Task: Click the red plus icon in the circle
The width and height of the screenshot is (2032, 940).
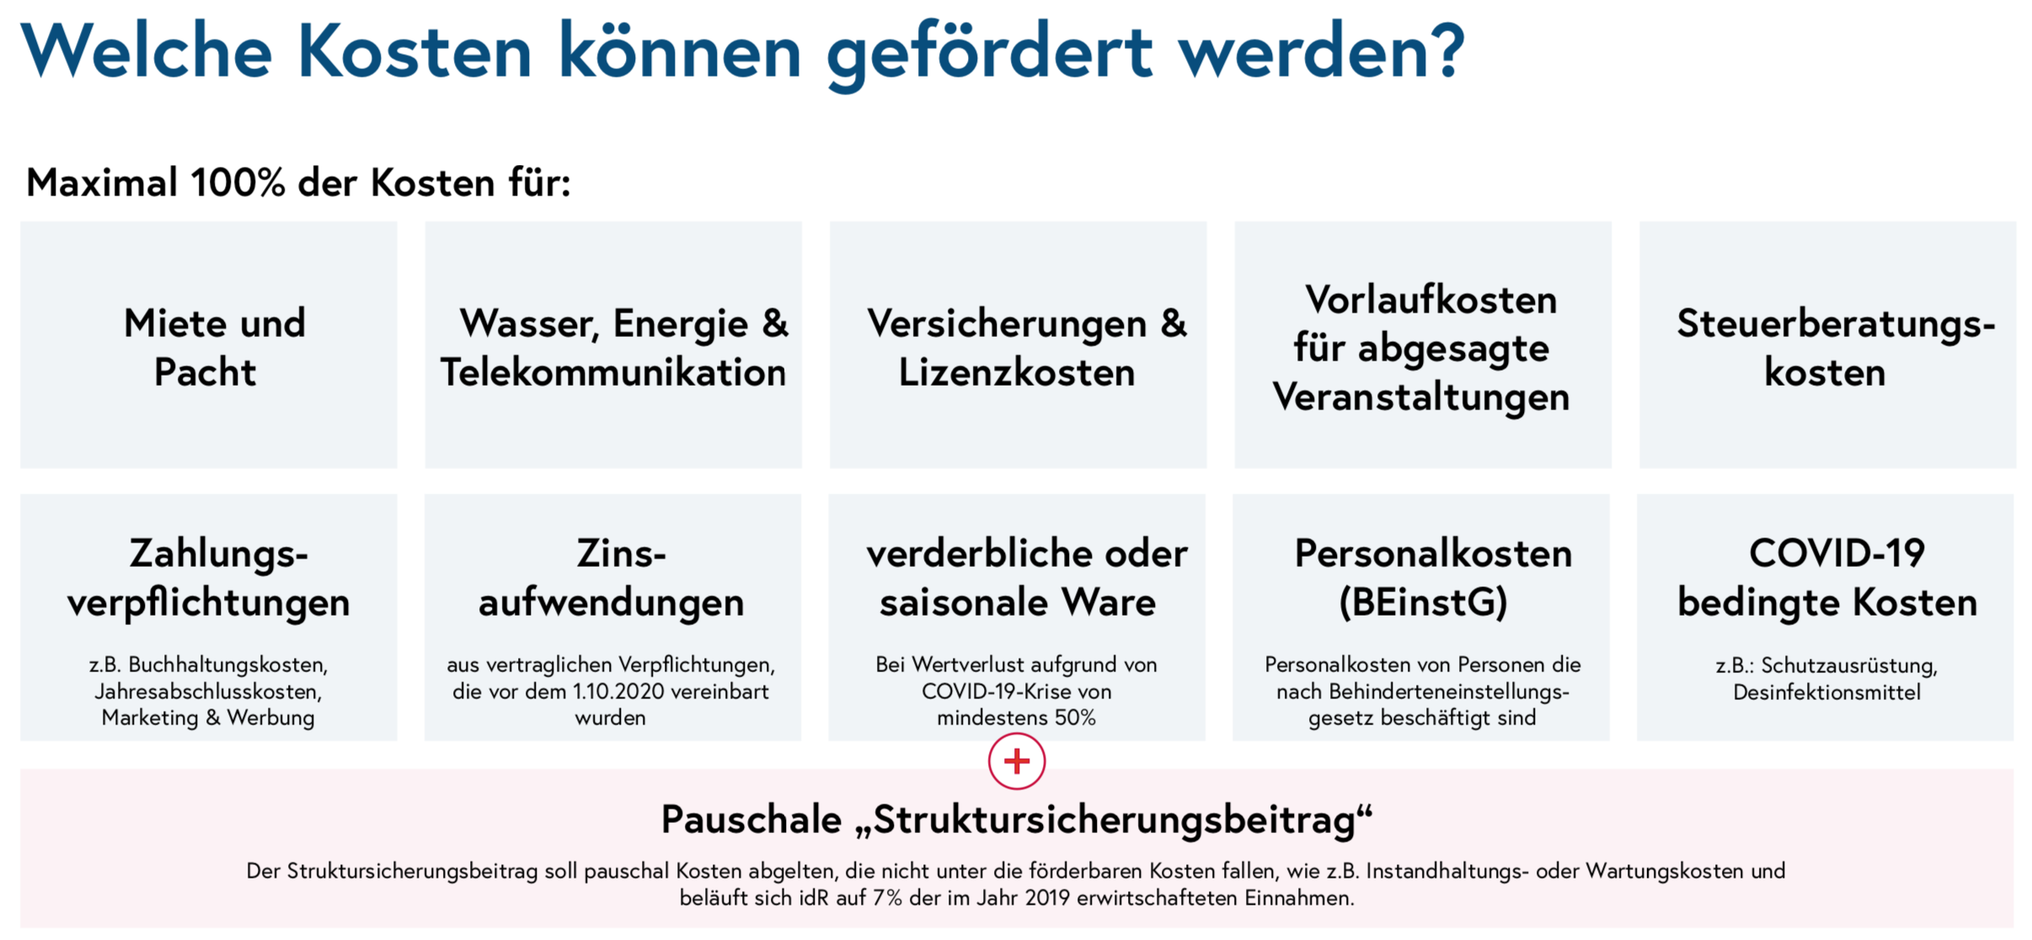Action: point(1016,761)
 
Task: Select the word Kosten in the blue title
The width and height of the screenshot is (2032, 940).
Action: point(414,52)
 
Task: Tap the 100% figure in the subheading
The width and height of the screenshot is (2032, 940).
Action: point(238,183)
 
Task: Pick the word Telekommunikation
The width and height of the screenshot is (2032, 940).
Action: point(613,372)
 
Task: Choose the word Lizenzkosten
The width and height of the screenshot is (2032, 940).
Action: point(1016,372)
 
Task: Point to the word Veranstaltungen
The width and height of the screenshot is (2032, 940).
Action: point(1421,397)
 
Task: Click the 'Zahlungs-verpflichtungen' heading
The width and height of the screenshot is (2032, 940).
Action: point(209,578)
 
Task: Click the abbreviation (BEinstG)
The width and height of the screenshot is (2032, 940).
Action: point(1422,602)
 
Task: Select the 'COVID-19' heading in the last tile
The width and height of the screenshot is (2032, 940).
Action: point(1837,554)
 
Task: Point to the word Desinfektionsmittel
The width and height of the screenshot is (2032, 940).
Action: point(1826,692)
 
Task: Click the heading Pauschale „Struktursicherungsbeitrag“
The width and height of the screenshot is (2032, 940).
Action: point(1016,820)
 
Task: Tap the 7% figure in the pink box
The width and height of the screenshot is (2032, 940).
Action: point(887,898)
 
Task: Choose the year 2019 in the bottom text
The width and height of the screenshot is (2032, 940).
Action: point(1047,898)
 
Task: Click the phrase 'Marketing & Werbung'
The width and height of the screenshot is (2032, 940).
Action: point(208,718)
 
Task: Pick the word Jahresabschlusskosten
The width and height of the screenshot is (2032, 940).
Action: point(208,692)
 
